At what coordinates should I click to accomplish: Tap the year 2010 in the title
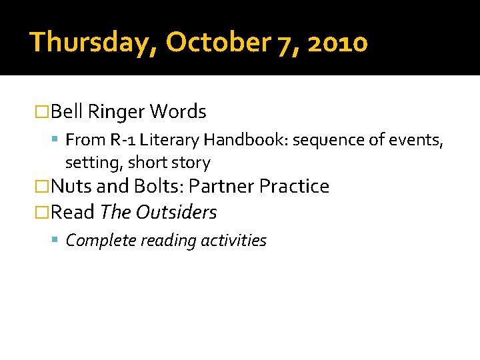pyautogui.click(x=339, y=42)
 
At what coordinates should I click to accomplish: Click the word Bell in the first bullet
pyautogui.click(x=66, y=111)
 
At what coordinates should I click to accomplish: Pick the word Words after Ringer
pyautogui.click(x=178, y=111)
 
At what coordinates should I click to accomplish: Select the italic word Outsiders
pyautogui.click(x=176, y=213)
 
